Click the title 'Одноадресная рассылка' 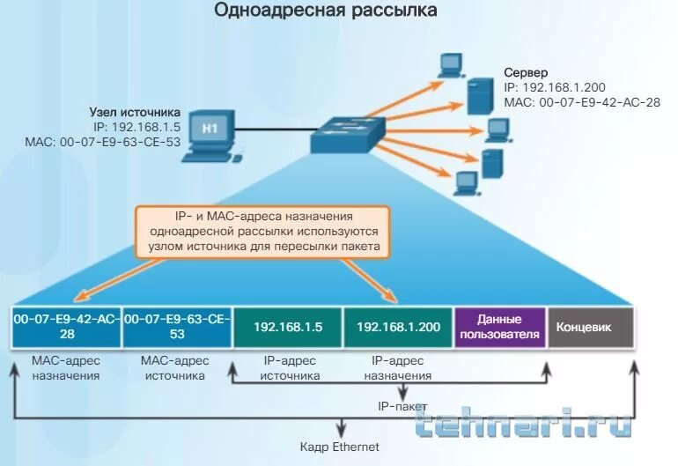click(338, 12)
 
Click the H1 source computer click(209, 135)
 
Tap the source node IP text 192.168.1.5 click(135, 126)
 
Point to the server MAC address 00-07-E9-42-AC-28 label click(581, 102)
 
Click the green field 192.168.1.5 click(288, 327)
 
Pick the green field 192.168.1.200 click(397, 327)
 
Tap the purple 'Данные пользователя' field click(499, 326)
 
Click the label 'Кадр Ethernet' click(339, 447)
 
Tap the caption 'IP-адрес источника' click(288, 368)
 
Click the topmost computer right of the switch click(451, 64)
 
